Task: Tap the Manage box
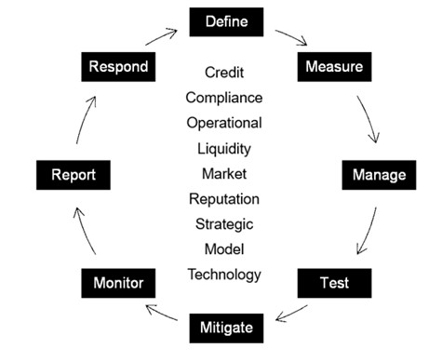click(x=379, y=174)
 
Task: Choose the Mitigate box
click(x=226, y=328)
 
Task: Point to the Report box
click(x=73, y=174)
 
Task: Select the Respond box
click(x=118, y=67)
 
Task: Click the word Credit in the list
click(x=223, y=72)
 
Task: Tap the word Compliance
click(x=223, y=97)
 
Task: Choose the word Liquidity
click(x=223, y=148)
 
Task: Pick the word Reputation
click(x=223, y=198)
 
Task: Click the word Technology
click(x=223, y=274)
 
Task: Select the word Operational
click(x=223, y=122)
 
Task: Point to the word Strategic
click(x=223, y=223)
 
